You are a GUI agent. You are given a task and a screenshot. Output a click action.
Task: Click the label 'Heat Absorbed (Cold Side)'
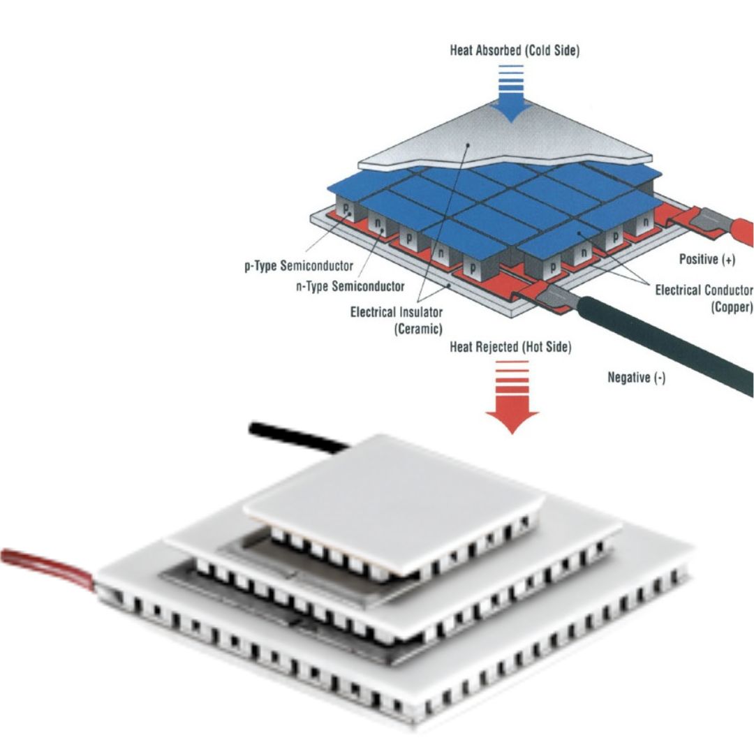514,51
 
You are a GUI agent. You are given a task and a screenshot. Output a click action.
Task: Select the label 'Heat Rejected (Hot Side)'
510,347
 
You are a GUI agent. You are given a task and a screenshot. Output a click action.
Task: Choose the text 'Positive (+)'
707,260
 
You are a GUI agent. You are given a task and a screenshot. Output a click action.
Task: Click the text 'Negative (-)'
637,378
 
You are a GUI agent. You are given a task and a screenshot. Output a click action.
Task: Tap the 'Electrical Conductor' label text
704,290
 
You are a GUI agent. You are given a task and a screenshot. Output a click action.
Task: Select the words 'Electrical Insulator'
396,312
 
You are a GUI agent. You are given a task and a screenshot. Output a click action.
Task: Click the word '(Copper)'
732,306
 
